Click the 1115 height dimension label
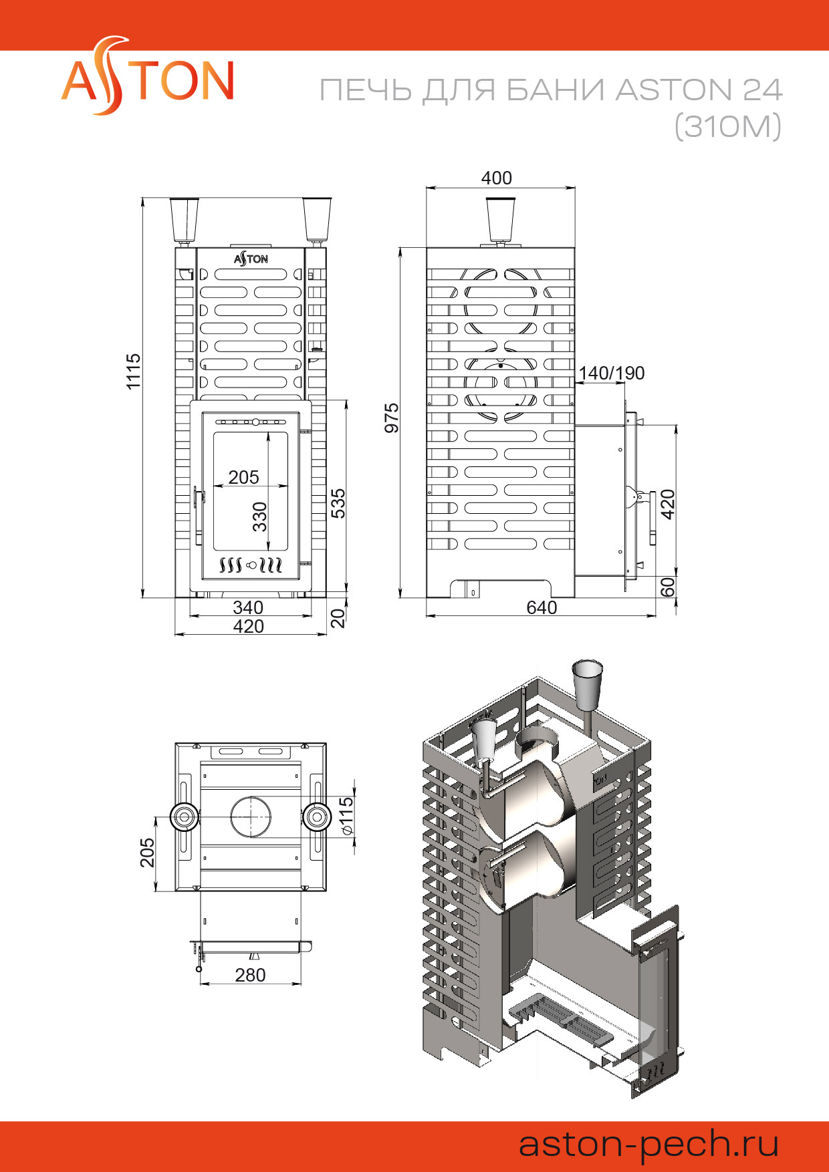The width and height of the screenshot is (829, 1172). [134, 371]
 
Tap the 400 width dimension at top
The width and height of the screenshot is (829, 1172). [497, 178]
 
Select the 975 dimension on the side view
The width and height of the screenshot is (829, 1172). [392, 418]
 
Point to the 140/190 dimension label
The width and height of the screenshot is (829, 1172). [612, 373]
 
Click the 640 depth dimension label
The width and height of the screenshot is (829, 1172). [542, 607]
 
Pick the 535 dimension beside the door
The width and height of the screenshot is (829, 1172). [338, 503]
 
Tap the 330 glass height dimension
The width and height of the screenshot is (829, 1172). [259, 517]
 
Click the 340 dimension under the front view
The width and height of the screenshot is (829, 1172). [248, 607]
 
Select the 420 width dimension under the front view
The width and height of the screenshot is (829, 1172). [248, 626]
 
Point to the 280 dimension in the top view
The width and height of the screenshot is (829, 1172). [250, 975]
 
